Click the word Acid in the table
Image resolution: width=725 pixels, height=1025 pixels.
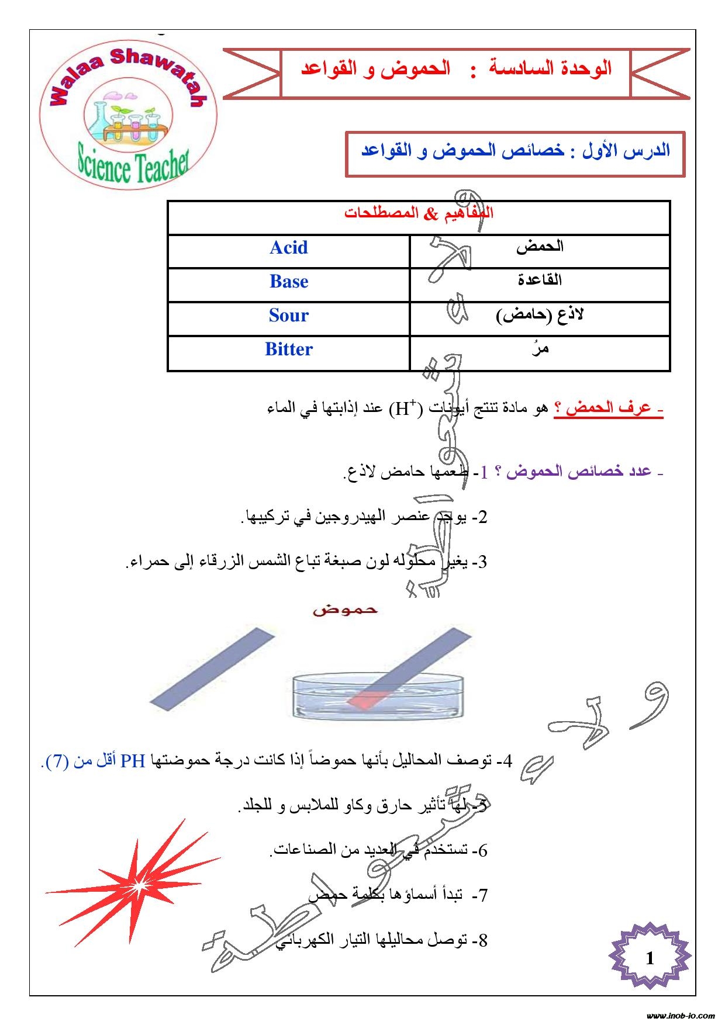(x=288, y=248)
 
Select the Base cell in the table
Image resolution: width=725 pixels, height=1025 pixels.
(x=288, y=282)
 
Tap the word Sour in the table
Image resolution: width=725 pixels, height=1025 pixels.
(x=288, y=316)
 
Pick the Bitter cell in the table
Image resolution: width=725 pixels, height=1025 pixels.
(x=288, y=349)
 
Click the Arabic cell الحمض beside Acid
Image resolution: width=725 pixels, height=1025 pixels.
(x=540, y=247)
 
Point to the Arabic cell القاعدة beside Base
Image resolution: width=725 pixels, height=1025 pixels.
(x=540, y=280)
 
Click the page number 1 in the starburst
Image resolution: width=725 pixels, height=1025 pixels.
(x=650, y=958)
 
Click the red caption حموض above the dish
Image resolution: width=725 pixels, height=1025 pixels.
(x=345, y=610)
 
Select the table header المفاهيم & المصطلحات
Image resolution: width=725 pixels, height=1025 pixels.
(x=419, y=213)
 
